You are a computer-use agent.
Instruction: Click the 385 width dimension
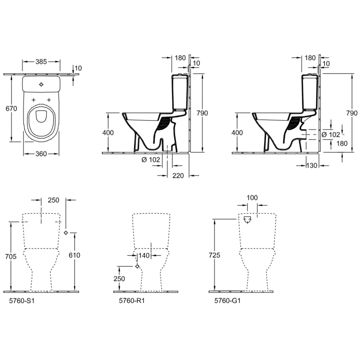pyautogui.click(x=41, y=62)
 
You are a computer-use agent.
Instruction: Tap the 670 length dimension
pyautogui.click(x=11, y=108)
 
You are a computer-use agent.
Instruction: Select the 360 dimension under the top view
pyautogui.click(x=41, y=154)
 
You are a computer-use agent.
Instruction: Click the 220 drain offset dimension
pyautogui.click(x=178, y=175)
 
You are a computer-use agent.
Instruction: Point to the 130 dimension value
pyautogui.click(x=311, y=165)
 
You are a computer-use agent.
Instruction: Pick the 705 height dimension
pyautogui.click(x=11, y=256)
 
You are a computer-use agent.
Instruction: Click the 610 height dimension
pyautogui.click(x=74, y=255)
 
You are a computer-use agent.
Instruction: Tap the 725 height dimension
pyautogui.click(x=215, y=255)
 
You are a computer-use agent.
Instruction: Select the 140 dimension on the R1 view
pyautogui.click(x=144, y=255)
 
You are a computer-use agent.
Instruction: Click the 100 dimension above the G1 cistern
pyautogui.click(x=252, y=198)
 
